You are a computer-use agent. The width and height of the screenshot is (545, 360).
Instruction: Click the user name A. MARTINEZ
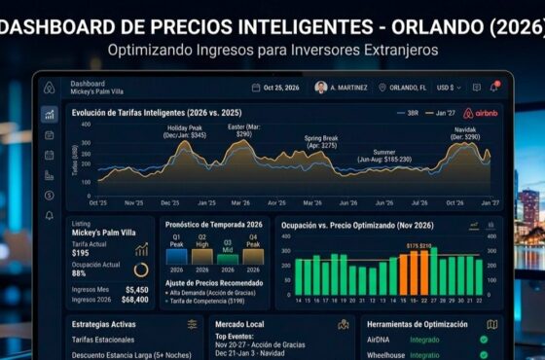click(348, 88)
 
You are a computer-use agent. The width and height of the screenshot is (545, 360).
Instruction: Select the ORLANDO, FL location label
click(408, 88)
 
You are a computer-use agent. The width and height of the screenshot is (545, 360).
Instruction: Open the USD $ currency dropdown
click(449, 88)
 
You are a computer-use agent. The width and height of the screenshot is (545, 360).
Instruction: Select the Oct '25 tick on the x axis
click(97, 203)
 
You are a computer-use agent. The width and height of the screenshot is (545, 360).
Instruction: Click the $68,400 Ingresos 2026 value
click(134, 300)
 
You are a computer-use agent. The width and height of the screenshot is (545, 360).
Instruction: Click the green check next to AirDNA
click(484, 340)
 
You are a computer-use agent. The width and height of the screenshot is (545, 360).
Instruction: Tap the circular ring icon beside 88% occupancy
click(141, 270)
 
